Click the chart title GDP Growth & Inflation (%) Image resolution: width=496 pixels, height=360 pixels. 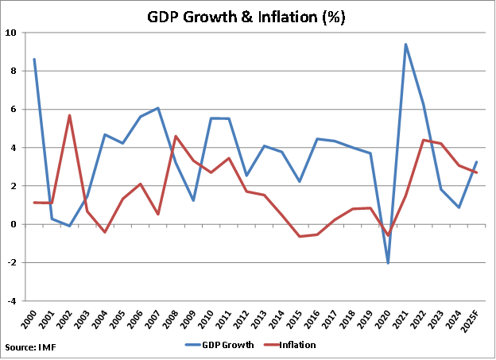point(247,16)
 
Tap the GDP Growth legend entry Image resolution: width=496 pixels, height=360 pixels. point(228,345)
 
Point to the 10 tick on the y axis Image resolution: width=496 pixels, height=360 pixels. point(11,33)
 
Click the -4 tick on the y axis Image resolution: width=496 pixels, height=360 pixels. point(11,301)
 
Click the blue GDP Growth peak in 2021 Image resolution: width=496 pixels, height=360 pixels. point(405,45)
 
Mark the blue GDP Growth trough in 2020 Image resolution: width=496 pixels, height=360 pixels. point(388,263)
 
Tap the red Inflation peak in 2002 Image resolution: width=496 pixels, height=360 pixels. point(70,115)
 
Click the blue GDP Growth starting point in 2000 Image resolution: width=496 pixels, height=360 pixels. point(34,59)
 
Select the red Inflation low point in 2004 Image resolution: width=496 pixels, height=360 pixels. point(105,232)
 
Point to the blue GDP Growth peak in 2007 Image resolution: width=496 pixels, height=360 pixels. point(158,108)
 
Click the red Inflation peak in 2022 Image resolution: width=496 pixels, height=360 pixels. point(423,140)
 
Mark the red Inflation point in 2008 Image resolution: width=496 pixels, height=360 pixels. point(176,137)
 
